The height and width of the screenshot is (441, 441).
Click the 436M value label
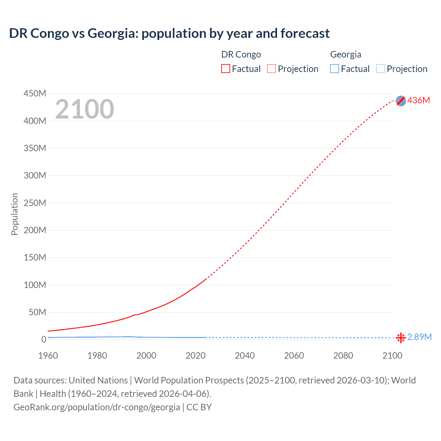pyautogui.click(x=419, y=100)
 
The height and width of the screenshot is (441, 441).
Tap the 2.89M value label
pyautogui.click(x=419, y=337)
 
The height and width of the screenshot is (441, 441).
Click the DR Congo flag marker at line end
pyautogui.click(x=401, y=101)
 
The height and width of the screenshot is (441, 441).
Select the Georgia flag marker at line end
pyautogui.click(x=401, y=338)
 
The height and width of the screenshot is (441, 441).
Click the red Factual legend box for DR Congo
pyautogui.click(x=225, y=69)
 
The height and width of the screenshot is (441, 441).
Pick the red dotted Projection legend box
pyautogui.click(x=271, y=69)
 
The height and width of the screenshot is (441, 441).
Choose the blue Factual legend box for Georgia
pyautogui.click(x=334, y=69)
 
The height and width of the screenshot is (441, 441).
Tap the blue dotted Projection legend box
pyautogui.click(x=380, y=69)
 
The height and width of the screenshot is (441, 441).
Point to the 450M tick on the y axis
pyautogui.click(x=35, y=93)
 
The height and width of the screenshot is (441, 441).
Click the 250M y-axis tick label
pyautogui.click(x=35, y=203)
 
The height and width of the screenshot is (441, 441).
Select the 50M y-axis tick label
pyautogui.click(x=37, y=312)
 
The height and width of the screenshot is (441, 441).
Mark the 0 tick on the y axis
pyautogui.click(x=43, y=339)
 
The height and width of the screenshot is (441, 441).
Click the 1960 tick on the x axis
pyautogui.click(x=48, y=356)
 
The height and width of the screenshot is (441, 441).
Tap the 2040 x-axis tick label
pyautogui.click(x=245, y=356)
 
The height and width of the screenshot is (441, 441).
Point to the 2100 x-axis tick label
pyautogui.click(x=392, y=356)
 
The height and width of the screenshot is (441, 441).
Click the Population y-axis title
pyautogui.click(x=14, y=214)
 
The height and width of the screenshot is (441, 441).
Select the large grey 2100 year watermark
pyautogui.click(x=84, y=109)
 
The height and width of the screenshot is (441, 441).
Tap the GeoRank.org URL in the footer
pyautogui.click(x=96, y=407)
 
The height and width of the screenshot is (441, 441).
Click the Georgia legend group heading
pyautogui.click(x=346, y=54)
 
